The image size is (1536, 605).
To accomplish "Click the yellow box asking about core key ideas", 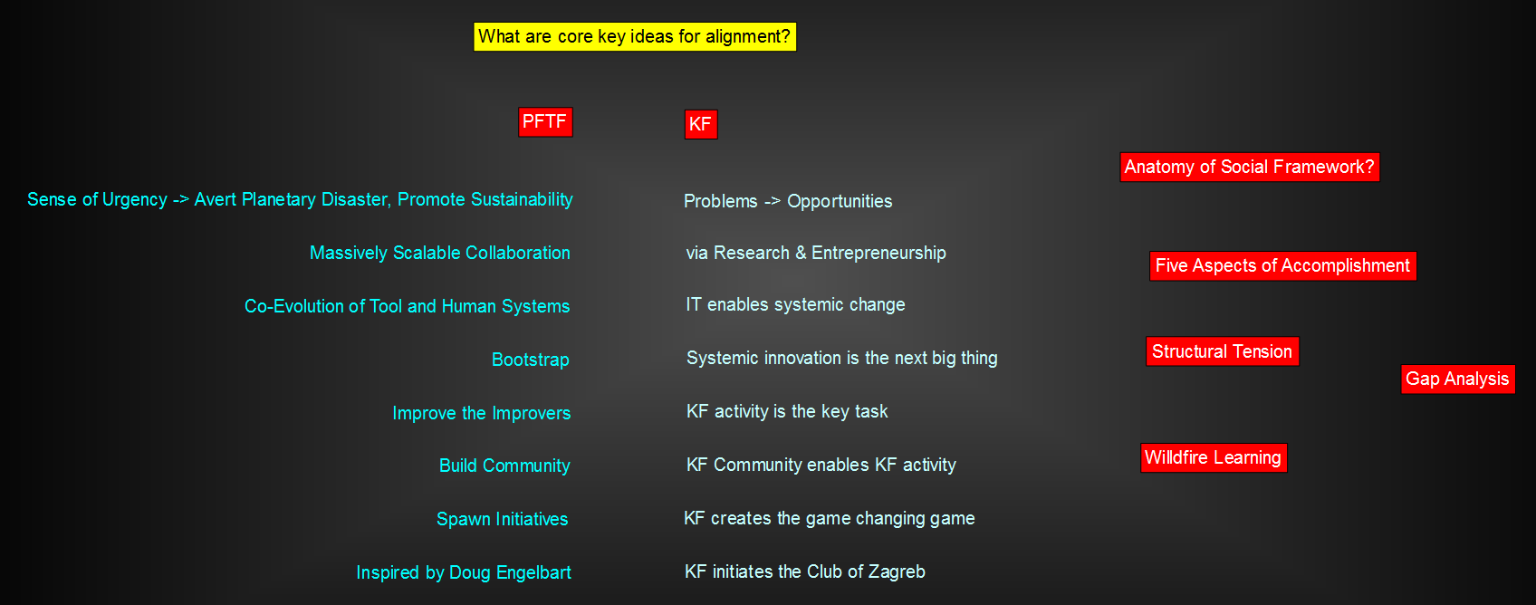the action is pyautogui.click(x=635, y=36).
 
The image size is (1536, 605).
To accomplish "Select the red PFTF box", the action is pyautogui.click(x=545, y=122).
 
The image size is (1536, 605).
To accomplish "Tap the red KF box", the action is pyautogui.click(x=701, y=124).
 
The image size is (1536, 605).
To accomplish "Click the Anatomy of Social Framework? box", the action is pyautogui.click(x=1250, y=168).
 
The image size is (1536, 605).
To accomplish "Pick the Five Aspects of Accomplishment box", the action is pyautogui.click(x=1282, y=266).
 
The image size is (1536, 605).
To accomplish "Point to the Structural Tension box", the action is pyautogui.click(x=1222, y=352).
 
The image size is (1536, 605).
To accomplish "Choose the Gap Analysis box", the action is pyautogui.click(x=1457, y=379).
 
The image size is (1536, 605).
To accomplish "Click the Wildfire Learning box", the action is pyautogui.click(x=1213, y=457).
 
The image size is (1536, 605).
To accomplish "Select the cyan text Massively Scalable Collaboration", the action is pyautogui.click(x=439, y=253).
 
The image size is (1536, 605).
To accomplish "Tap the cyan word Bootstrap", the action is pyautogui.click(x=530, y=360).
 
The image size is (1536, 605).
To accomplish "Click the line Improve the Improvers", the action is pyautogui.click(x=482, y=413).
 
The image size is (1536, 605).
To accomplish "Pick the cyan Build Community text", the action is pyautogui.click(x=504, y=466).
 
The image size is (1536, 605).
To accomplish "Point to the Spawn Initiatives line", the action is pyautogui.click(x=502, y=519).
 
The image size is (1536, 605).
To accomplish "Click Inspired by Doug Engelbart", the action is pyautogui.click(x=464, y=572).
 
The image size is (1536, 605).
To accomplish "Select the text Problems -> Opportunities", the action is pyautogui.click(x=788, y=201).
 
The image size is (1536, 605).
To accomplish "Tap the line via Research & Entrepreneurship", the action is pyautogui.click(x=816, y=253).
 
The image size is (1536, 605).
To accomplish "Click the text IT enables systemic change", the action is pyautogui.click(x=795, y=304).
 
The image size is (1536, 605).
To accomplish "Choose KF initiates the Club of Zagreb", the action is pyautogui.click(x=805, y=571).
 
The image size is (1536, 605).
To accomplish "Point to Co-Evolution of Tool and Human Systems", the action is pyautogui.click(x=407, y=306).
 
